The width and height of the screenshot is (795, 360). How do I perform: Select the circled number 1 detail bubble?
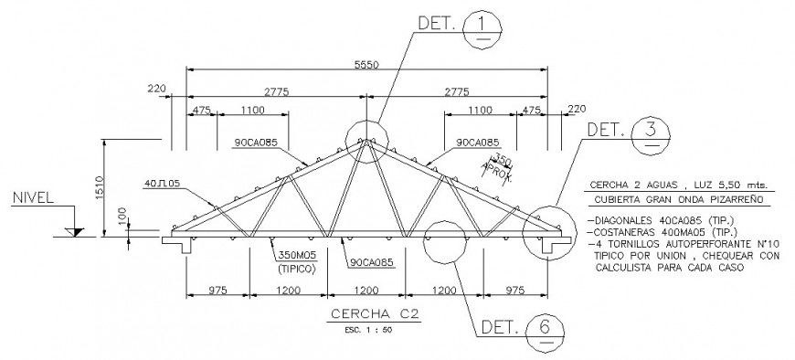[482, 29]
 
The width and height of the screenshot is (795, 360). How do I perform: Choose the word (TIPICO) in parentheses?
[298, 270]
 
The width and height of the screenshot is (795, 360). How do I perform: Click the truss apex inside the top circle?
[366, 139]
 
